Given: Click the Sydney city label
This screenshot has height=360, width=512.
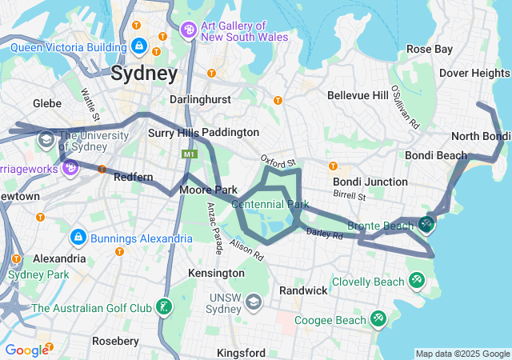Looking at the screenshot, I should (144, 74).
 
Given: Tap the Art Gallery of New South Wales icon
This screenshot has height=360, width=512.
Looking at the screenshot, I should (189, 30).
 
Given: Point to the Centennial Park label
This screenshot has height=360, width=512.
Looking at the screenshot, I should (270, 205).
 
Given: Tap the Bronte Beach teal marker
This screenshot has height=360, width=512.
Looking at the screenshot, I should (427, 225).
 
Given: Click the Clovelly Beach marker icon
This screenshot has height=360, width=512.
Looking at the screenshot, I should (416, 280).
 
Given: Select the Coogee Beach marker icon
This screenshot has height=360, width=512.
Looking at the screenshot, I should (378, 319).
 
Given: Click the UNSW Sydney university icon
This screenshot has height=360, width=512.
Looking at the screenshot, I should (254, 302).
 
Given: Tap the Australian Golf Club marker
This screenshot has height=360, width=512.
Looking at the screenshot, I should (164, 307).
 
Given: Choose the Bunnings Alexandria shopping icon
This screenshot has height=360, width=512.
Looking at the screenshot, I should (78, 237).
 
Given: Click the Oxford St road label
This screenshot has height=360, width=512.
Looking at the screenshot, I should (278, 162).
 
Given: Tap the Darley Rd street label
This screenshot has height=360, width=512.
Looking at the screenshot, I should (324, 234).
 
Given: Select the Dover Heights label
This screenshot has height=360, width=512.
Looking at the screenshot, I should (474, 73).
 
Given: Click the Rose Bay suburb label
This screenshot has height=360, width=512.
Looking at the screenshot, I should (429, 49).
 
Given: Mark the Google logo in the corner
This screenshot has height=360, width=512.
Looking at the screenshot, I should (27, 350).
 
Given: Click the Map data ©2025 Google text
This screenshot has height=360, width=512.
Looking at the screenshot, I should (462, 354).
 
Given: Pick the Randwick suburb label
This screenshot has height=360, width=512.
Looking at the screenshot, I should (303, 290).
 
